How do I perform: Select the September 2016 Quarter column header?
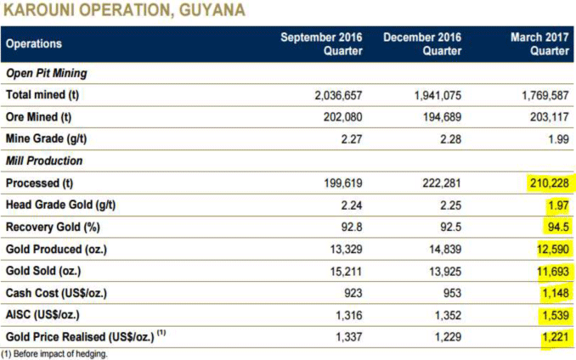(322, 44)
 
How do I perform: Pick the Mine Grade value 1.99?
(556, 139)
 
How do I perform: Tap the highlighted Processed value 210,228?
(547, 183)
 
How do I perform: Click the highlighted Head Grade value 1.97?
(556, 205)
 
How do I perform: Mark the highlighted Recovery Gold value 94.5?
(556, 228)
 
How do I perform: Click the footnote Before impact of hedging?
(61, 354)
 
